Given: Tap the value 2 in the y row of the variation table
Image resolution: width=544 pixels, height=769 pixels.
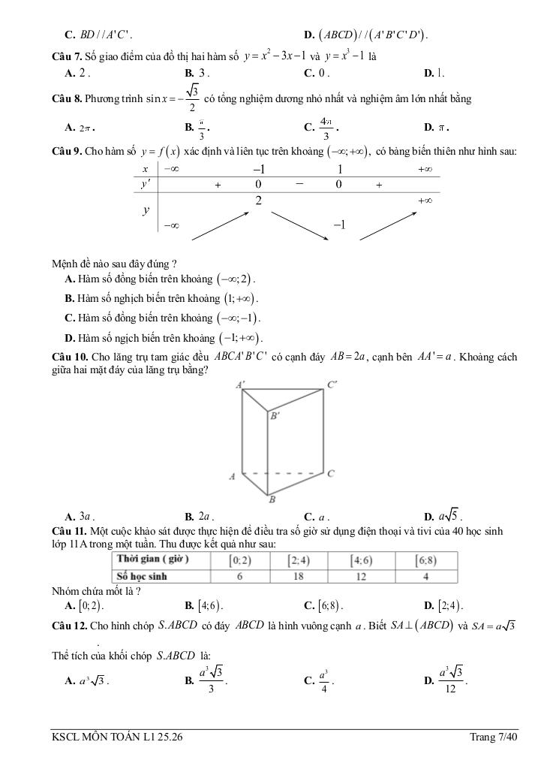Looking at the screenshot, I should pos(258,201).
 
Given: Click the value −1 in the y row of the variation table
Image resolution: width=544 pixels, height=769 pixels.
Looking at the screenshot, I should pos(338,225).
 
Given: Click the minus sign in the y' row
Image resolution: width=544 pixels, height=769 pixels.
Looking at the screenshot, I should pos(299,184).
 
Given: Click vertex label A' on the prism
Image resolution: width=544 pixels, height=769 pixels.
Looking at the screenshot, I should pos(241,384).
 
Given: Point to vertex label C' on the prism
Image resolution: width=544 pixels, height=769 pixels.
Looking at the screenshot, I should pos(332,384).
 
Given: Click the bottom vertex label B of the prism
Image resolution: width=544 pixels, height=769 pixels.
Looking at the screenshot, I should pos(272,499).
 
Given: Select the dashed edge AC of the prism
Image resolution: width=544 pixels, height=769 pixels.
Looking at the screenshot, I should pos(285,473).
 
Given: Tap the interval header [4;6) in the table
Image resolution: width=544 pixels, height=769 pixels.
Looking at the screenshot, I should pos(363,560).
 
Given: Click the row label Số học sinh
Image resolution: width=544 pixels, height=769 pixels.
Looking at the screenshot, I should pos(140,576).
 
